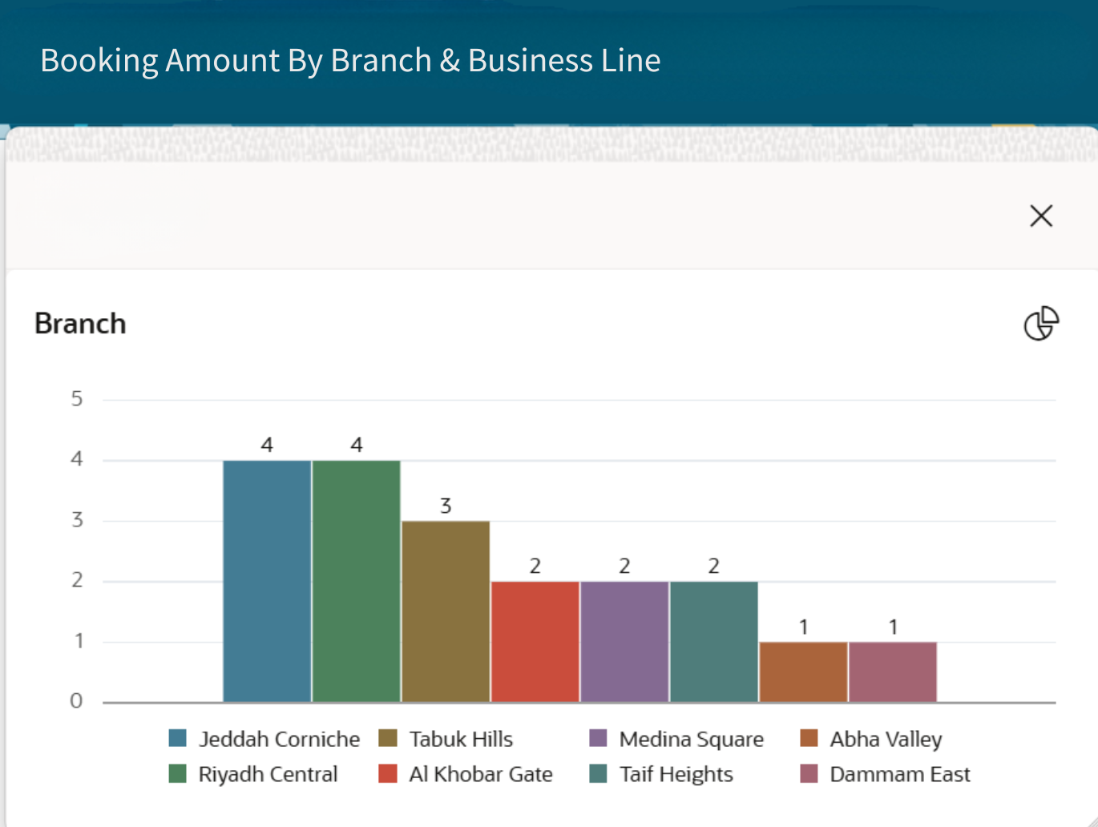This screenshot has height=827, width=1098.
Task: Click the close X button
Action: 1041,216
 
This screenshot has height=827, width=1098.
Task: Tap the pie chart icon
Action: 1041,324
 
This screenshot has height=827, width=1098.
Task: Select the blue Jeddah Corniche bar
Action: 267,581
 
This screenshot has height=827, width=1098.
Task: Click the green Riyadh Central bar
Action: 357,581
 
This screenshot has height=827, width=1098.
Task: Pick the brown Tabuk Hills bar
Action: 446,611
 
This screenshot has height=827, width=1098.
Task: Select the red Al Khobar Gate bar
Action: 535,642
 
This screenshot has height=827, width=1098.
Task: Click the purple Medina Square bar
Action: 624,642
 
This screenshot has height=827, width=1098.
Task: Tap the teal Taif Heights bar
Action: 714,642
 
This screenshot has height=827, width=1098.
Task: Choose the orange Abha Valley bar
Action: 803,672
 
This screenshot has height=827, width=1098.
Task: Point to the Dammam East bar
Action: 893,672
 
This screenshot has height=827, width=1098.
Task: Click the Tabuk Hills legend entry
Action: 461,739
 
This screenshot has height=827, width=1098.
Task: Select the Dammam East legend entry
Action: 899,774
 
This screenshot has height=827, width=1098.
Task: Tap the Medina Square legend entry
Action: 691,739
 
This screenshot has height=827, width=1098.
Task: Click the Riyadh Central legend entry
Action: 268,774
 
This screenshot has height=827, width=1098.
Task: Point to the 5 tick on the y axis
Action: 77,398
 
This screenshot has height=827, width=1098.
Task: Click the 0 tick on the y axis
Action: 77,701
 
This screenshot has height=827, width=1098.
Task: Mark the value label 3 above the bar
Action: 446,506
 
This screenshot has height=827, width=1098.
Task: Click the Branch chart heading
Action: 80,324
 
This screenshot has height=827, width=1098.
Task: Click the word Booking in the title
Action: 99,61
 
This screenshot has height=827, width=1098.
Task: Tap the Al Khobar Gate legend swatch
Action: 388,774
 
